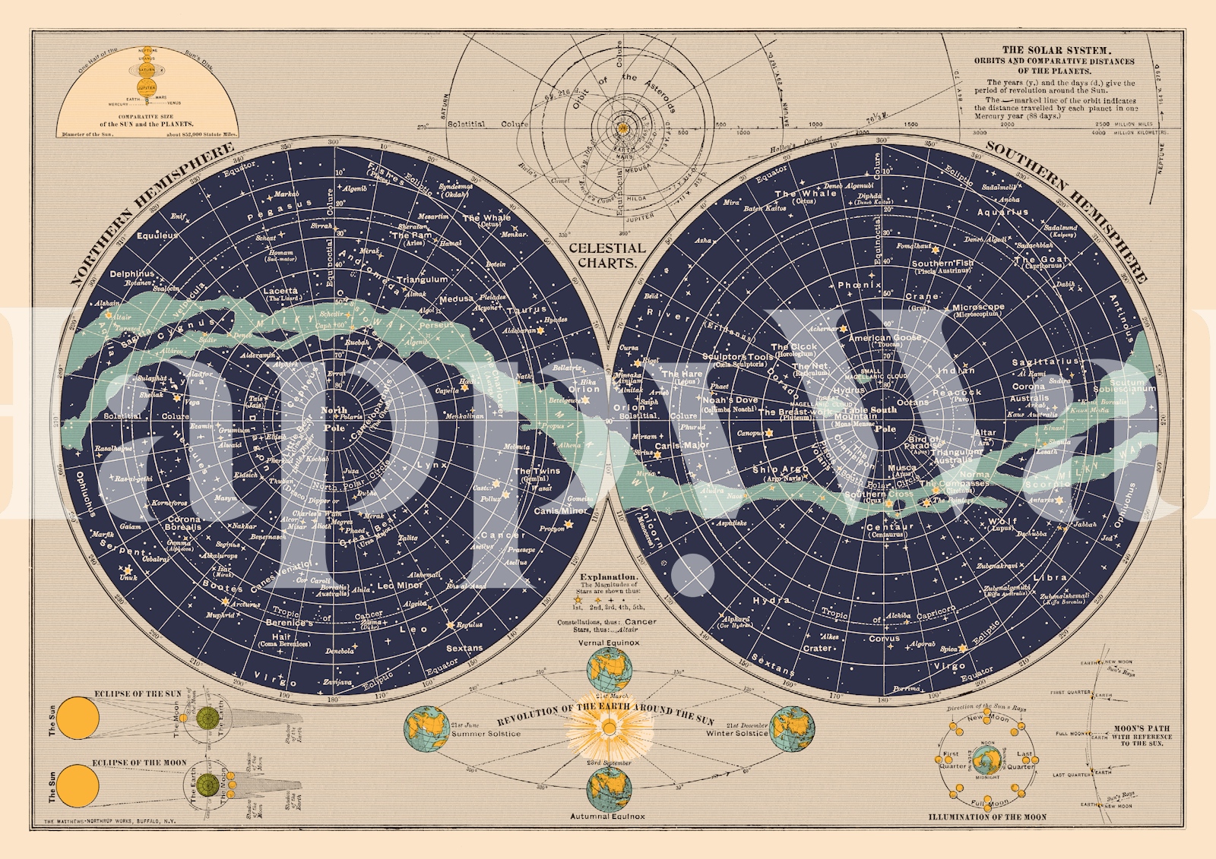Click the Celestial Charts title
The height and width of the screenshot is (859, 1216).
[x=606, y=255]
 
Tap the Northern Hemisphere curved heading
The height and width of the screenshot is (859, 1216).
[x=151, y=212]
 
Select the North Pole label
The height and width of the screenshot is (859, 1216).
[x=334, y=418]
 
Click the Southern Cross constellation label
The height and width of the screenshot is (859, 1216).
[x=879, y=494]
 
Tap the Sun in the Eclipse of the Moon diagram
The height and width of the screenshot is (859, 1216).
[x=79, y=785]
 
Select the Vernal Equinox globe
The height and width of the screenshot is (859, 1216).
[x=610, y=670]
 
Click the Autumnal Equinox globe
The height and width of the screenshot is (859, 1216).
[x=610, y=790]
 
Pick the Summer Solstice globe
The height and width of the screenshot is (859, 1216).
[x=427, y=729]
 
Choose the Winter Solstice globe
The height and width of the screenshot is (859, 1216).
[x=793, y=729]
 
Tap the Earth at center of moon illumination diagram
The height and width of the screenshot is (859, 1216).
[x=987, y=760]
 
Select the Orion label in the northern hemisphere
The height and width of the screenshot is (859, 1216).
[x=584, y=389]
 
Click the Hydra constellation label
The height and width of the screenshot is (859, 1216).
[x=771, y=601]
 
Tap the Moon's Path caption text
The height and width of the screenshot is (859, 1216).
[x=1142, y=735]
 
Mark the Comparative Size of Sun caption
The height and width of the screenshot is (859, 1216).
[x=147, y=121]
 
